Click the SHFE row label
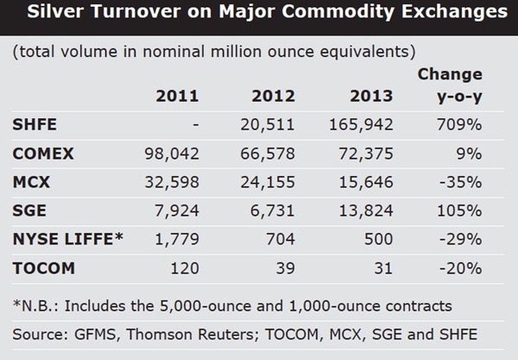[35, 125]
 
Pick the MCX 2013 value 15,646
[362, 182]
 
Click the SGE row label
[29, 211]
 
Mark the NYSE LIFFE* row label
[66, 239]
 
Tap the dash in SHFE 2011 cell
[196, 125]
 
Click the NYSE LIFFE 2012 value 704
[281, 239]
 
